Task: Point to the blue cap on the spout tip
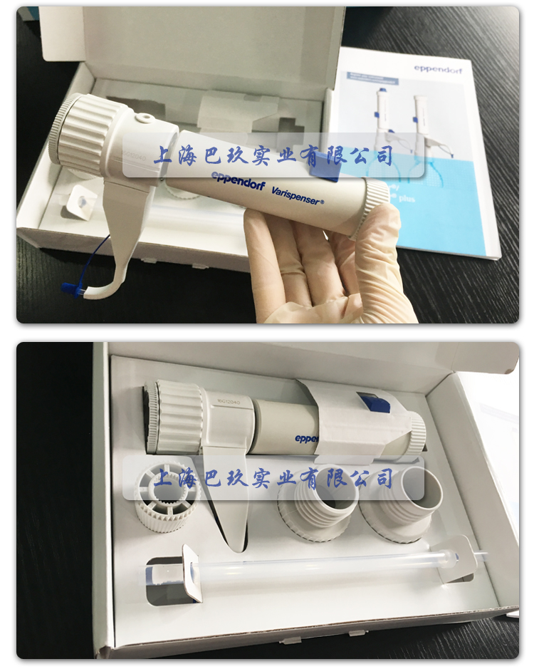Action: [x=71, y=289]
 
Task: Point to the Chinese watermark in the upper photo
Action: [x=274, y=155]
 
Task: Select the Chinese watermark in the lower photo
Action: [x=274, y=477]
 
